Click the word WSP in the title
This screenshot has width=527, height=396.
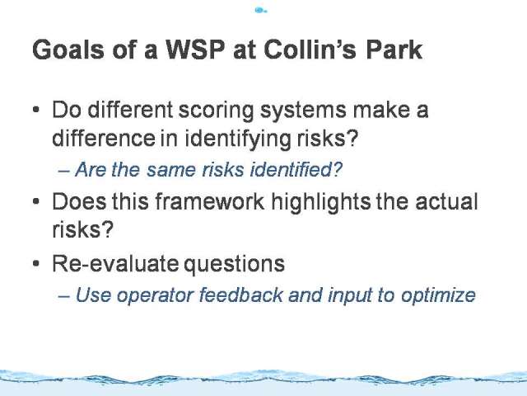195,49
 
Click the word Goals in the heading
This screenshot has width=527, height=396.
68,49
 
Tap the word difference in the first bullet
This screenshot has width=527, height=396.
104,138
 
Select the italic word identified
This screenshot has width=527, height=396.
296,169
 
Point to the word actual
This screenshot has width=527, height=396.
446,201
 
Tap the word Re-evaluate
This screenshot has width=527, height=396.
115,263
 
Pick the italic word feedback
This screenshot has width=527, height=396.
241,295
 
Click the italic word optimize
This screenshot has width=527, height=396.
438,295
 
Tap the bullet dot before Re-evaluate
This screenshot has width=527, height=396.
36,263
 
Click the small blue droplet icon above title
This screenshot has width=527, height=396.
261,11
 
